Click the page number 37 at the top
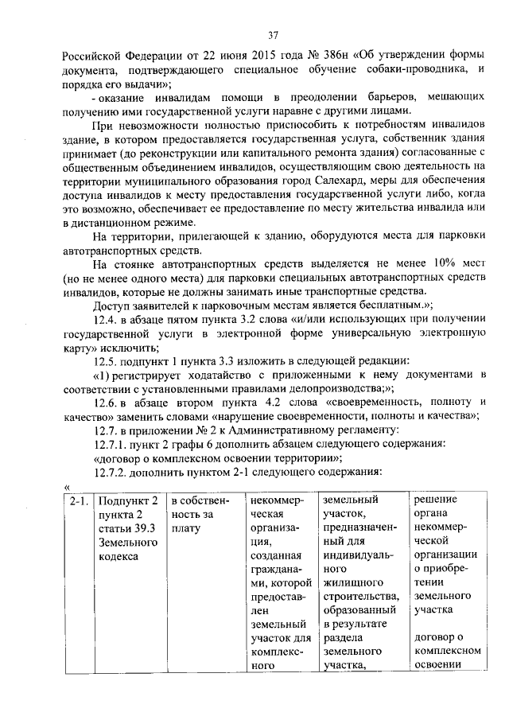click(272, 35)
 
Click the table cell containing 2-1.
click(77, 501)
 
